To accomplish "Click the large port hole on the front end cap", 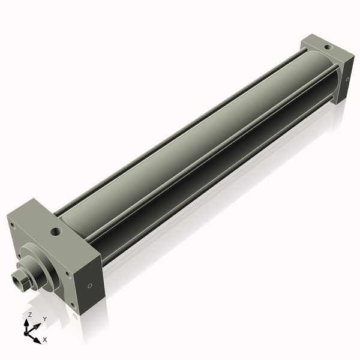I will [x=56, y=230].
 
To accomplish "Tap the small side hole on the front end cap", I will [x=91, y=286].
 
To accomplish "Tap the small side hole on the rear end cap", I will [x=347, y=79].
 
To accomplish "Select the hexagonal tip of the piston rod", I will [x=18, y=278].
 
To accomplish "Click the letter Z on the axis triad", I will [x=30, y=314].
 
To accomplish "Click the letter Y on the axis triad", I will [x=44, y=319].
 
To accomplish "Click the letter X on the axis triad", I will [x=45, y=340].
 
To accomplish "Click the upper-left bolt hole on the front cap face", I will [x=11, y=226].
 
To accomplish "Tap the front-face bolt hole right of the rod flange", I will [x=68, y=275].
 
